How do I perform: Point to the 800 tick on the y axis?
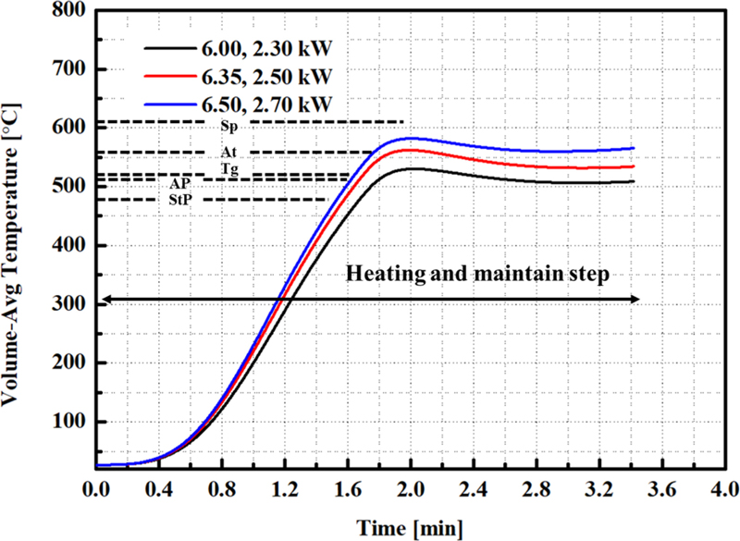click(69, 10)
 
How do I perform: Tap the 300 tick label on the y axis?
click(69, 304)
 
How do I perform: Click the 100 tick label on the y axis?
click(69, 423)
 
